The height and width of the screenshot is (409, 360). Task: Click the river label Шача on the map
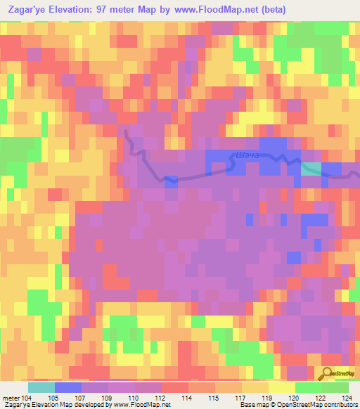(x=249, y=154)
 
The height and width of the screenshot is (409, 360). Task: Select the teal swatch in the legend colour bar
(x=41, y=387)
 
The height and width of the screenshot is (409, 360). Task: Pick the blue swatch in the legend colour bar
(x=68, y=387)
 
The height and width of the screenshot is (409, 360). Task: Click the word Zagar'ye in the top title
(x=26, y=9)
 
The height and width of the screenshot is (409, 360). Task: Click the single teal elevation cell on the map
(x=311, y=168)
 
